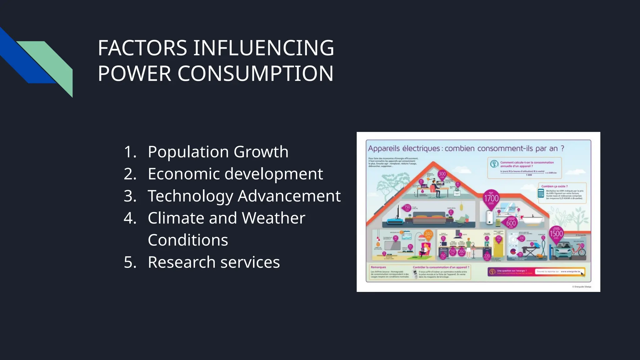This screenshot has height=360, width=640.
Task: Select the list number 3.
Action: tap(130, 196)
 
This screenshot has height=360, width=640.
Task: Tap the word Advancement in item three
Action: tap(289, 196)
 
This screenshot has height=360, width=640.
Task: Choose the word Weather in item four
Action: tap(273, 218)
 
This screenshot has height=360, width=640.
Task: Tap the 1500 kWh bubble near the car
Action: tap(556, 234)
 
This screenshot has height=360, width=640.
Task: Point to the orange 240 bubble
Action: tap(428, 234)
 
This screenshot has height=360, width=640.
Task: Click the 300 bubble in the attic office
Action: tap(442, 174)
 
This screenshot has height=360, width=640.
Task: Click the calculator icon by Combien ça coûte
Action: tap(541, 193)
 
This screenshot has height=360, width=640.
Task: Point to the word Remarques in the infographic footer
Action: tap(378, 267)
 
